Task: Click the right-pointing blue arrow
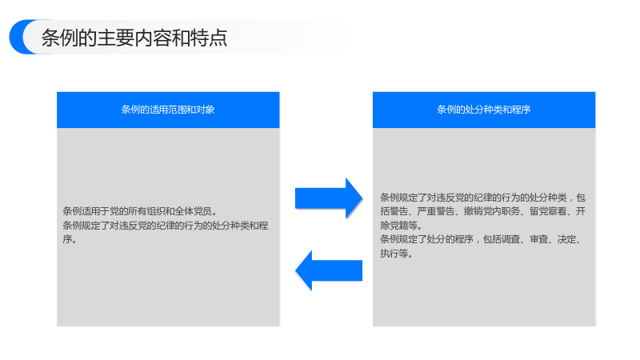329,198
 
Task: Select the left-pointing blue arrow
329,270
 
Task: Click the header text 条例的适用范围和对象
168,110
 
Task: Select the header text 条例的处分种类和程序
484,110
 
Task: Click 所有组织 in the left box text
137,211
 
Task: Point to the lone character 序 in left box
67,239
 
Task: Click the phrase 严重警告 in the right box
435,211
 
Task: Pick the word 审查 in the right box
538,239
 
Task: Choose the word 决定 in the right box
567,239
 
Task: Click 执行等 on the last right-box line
394,254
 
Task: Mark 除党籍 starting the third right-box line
394,226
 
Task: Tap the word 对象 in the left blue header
206,110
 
